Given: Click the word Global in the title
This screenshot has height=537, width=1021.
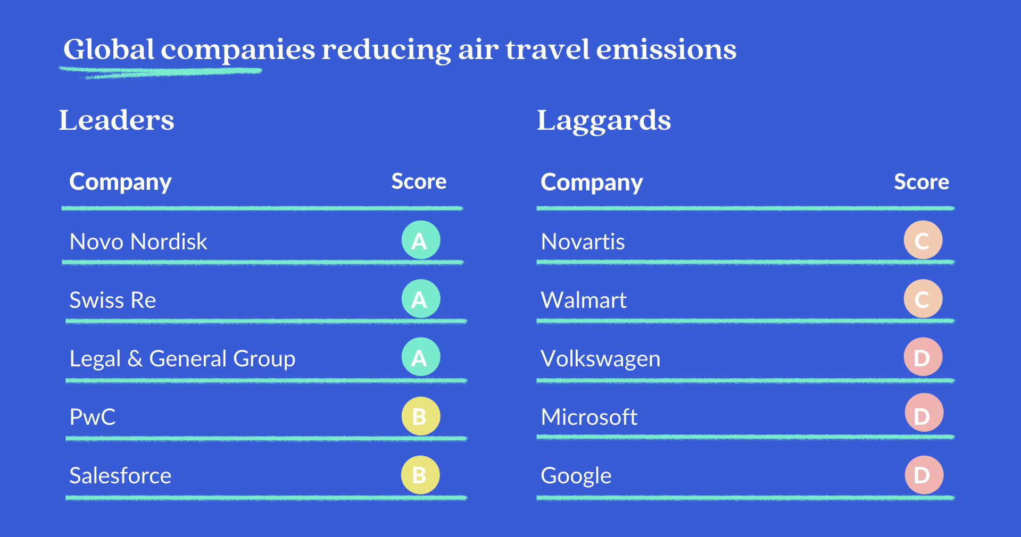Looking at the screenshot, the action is click(109, 49).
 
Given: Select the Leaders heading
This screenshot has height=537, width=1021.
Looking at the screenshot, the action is click(117, 120).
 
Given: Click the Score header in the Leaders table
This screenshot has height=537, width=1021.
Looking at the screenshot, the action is click(419, 181).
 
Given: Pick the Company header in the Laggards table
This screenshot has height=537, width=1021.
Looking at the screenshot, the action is click(592, 183).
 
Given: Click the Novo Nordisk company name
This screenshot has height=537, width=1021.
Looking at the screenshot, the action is click(138, 242).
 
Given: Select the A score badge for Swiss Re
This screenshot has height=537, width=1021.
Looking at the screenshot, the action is click(421, 299).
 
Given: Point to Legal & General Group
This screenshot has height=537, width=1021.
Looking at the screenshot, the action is click(182, 359).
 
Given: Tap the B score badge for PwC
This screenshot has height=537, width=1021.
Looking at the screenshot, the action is click(421, 416).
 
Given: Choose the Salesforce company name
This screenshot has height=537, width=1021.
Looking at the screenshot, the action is click(120, 475).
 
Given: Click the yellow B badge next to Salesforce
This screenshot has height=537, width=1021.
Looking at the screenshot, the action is click(420, 475).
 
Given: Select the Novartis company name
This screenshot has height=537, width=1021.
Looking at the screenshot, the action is click(583, 242).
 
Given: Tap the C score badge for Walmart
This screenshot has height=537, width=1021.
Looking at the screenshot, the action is click(923, 299).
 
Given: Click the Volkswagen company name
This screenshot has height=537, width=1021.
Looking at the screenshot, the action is click(601, 359).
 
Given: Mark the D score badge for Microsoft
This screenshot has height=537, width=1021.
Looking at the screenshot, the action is click(924, 413).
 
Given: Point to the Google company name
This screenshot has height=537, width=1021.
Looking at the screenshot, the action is click(576, 476).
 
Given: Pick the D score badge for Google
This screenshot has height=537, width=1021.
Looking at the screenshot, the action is click(924, 475).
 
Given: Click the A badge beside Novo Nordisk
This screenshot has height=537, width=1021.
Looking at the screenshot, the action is click(421, 240).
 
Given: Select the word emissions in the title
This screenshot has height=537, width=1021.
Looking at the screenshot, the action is click(666, 49).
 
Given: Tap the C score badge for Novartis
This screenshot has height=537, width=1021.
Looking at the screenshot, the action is click(923, 240).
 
